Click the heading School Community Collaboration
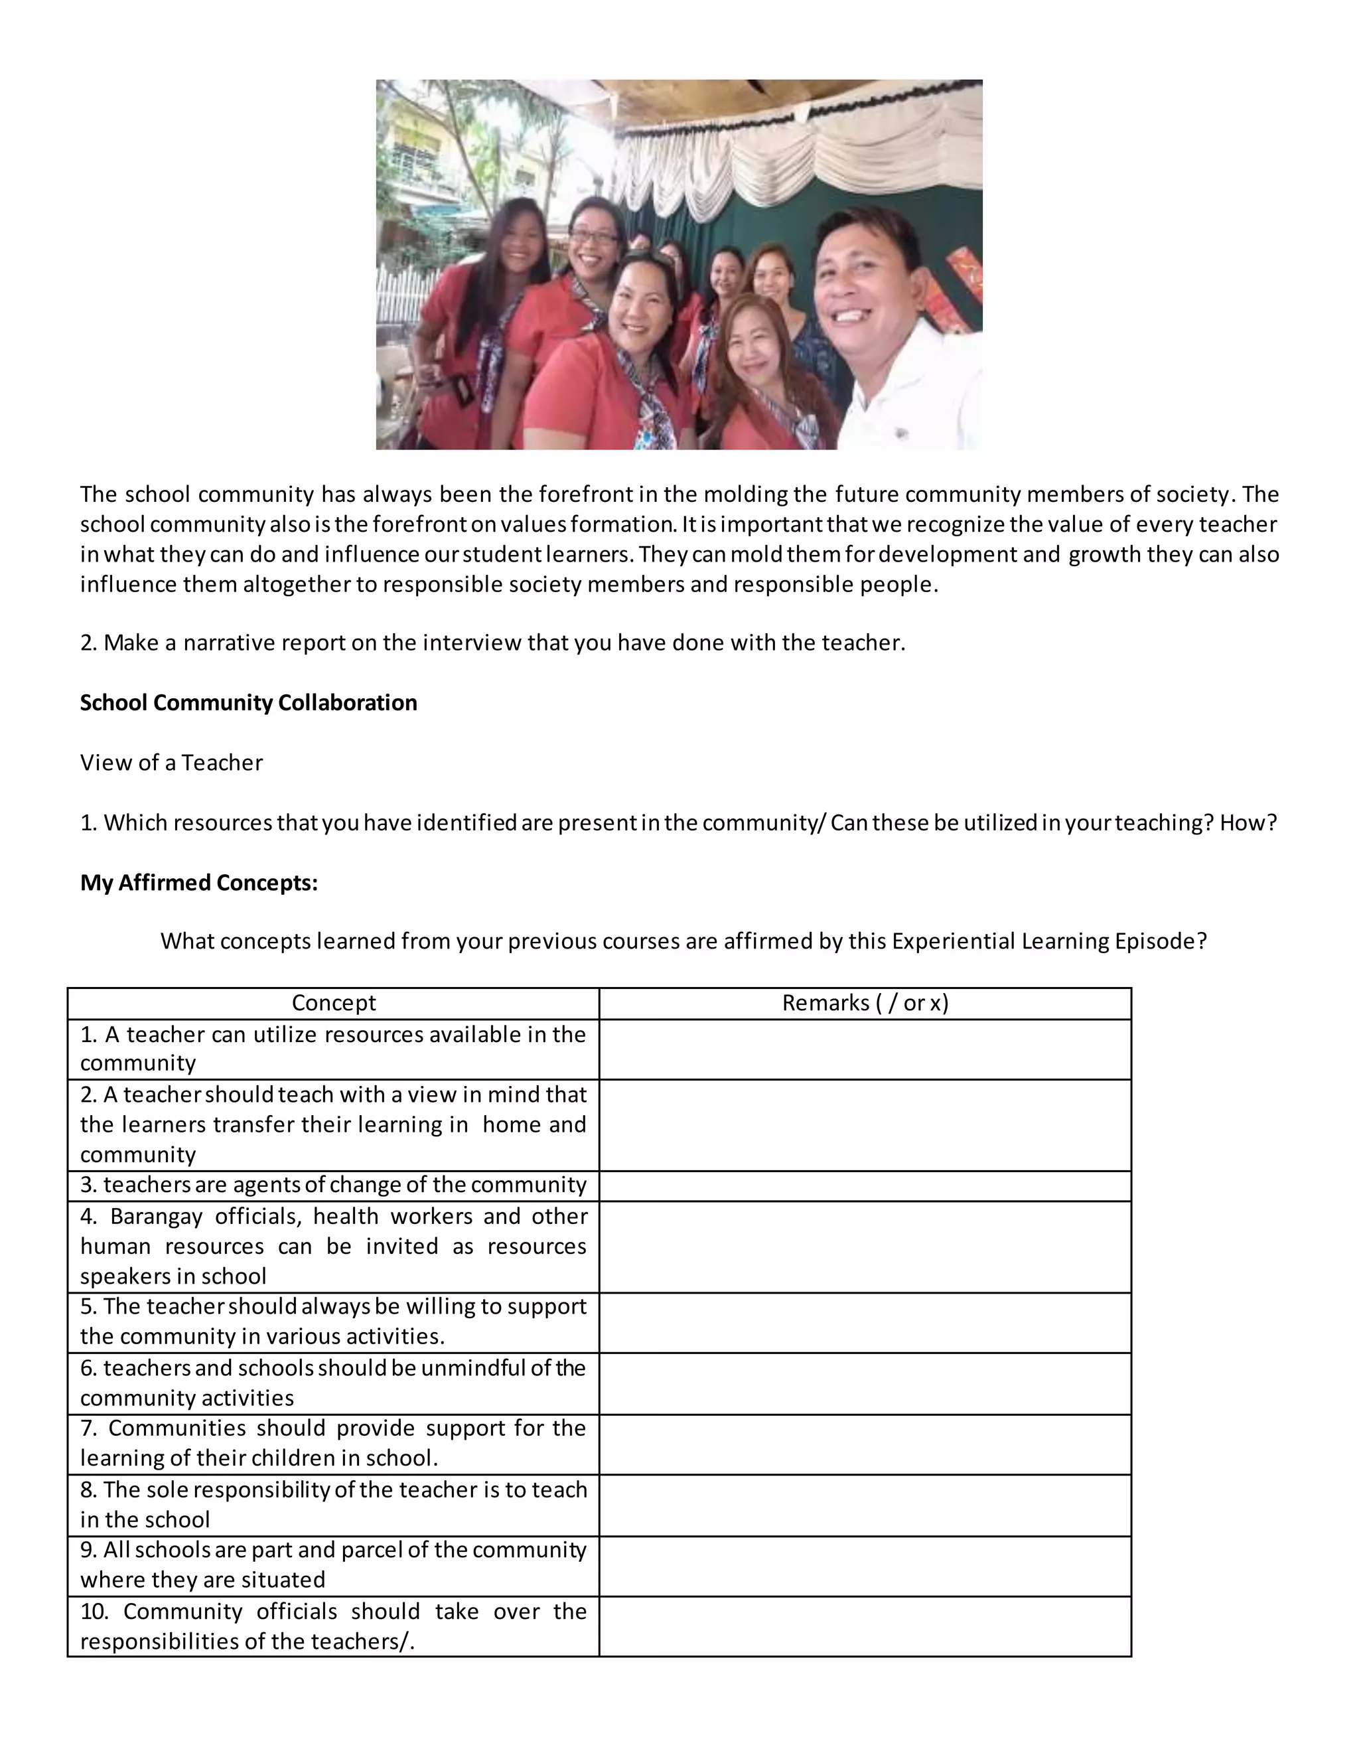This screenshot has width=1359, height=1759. (248, 703)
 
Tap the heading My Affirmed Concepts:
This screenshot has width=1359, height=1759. (199, 883)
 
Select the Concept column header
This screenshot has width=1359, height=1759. (333, 1003)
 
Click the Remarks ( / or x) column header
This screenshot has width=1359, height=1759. (865, 1003)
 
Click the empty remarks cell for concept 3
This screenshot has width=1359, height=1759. (865, 1185)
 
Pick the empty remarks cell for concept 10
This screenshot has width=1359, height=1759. (865, 1626)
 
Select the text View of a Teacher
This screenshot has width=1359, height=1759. (171, 763)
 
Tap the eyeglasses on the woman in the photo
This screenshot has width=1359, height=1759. (593, 238)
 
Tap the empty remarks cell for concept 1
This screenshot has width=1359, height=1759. (865, 1049)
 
